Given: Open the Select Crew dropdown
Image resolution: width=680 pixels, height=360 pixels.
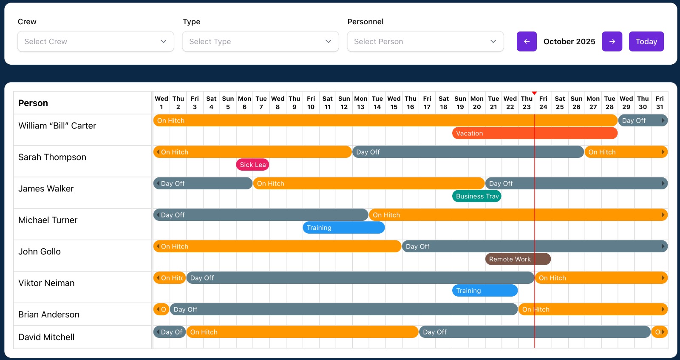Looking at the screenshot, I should [96, 42].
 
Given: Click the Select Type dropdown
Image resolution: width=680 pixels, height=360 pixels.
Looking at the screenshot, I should [260, 42].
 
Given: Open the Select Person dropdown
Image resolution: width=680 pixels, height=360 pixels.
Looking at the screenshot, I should [425, 42].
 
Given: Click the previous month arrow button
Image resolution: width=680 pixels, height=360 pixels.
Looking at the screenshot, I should [527, 42].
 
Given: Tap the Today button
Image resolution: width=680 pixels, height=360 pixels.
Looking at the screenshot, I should [646, 42].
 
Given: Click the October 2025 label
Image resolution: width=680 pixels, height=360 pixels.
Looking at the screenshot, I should [569, 42].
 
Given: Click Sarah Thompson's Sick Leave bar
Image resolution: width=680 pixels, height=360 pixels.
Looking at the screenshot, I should [252, 165].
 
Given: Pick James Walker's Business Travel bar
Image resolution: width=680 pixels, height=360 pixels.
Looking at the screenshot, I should [476, 196].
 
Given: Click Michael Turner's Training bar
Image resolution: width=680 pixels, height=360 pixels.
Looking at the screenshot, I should [343, 228].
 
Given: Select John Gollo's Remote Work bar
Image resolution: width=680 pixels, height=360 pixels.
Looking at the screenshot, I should [518, 259].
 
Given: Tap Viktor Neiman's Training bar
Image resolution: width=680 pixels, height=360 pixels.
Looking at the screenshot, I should [484, 291].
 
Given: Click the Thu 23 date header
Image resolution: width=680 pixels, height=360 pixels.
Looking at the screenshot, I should [527, 103].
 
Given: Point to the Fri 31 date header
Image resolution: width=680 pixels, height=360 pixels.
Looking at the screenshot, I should [659, 103].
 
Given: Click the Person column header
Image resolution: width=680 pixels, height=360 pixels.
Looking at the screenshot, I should [33, 103].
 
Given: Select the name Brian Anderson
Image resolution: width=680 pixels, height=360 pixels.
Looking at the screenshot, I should [49, 314].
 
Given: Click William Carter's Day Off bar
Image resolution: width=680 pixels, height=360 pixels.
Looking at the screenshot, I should [642, 120].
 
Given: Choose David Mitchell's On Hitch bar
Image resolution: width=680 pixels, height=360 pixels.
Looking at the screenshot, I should [302, 332].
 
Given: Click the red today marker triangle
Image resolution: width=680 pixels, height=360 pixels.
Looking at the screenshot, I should [534, 93].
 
